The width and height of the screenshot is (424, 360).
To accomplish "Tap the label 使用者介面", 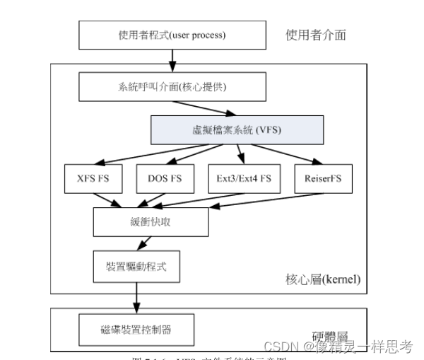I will point(316,35).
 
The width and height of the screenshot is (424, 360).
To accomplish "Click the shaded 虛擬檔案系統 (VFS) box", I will point(237,130).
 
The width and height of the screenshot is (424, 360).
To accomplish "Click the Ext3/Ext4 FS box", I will point(240,178).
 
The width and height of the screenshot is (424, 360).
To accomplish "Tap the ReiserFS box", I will point(322,178).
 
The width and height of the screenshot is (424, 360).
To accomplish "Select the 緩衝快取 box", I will point(151,222).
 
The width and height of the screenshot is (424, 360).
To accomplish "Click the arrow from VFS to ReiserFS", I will point(290,153).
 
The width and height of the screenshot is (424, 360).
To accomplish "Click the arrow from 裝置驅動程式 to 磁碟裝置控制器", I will point(132,298).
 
